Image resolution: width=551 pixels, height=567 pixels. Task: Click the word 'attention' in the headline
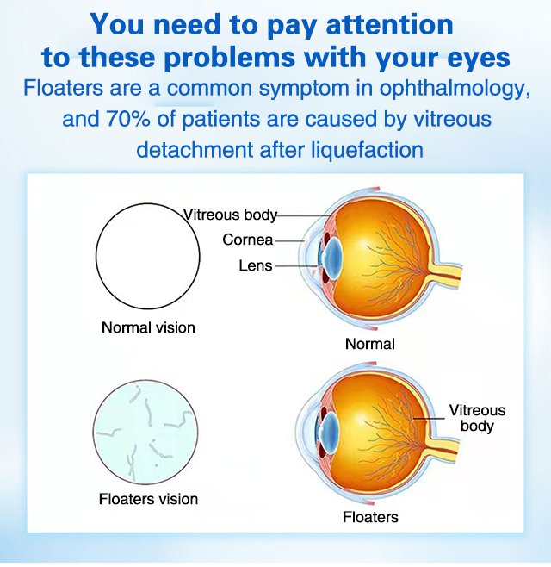[x=389, y=24]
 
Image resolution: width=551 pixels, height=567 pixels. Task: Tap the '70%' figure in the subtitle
[x=128, y=119]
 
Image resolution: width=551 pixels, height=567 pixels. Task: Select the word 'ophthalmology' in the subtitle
[x=455, y=89]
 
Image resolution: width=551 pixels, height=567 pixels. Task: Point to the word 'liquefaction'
[x=367, y=150]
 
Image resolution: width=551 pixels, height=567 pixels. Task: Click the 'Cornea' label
[x=248, y=240]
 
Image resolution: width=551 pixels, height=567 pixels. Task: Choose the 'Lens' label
[x=256, y=265]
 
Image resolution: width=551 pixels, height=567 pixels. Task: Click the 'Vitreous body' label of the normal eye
[x=230, y=215]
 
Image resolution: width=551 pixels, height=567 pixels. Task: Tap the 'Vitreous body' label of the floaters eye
[x=477, y=418]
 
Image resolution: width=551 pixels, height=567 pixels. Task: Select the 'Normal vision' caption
[x=148, y=327]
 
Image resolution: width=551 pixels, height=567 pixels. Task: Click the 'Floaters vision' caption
[x=148, y=499]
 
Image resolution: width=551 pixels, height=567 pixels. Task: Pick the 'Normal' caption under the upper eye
[x=369, y=344]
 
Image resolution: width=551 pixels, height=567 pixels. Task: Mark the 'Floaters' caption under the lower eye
[x=370, y=517]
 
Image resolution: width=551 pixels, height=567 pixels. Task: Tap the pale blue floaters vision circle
[x=145, y=432]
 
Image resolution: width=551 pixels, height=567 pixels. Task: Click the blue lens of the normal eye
[x=331, y=256]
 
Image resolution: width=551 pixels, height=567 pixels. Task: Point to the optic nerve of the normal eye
[x=446, y=272]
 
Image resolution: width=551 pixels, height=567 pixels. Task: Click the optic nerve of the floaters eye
[x=443, y=449]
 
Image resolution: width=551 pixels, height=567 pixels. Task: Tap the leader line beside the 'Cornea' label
[x=290, y=240]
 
